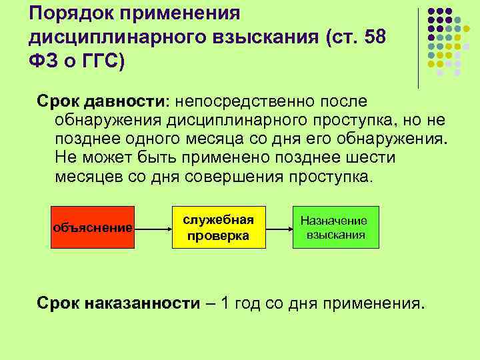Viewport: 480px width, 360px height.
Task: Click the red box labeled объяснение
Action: click(x=93, y=227)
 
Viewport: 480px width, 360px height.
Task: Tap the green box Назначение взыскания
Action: click(x=335, y=227)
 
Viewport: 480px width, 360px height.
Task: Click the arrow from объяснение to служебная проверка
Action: click(x=153, y=228)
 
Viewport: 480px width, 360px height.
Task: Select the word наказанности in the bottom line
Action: click(x=143, y=304)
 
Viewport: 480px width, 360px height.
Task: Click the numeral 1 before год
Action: click(x=225, y=304)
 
